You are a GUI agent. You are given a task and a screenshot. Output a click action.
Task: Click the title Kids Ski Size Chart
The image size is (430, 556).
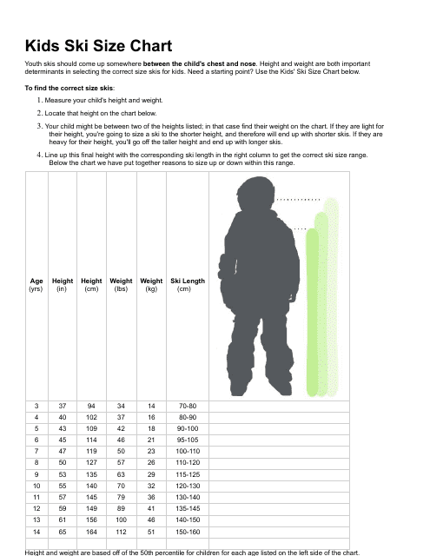click(98, 46)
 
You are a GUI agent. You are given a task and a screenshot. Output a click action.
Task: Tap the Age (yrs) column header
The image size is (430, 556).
click(36, 285)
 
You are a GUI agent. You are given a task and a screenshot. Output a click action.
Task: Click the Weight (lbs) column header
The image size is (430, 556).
click(121, 285)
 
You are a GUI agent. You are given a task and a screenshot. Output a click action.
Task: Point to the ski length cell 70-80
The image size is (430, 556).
click(188, 406)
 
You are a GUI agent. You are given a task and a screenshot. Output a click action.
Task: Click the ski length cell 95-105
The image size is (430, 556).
click(188, 440)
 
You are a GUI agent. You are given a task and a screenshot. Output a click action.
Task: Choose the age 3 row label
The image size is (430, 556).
click(36, 406)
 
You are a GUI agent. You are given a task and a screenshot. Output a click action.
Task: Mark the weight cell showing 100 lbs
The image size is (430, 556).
click(121, 519)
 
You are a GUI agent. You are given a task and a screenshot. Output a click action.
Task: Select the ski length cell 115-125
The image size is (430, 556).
click(188, 474)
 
